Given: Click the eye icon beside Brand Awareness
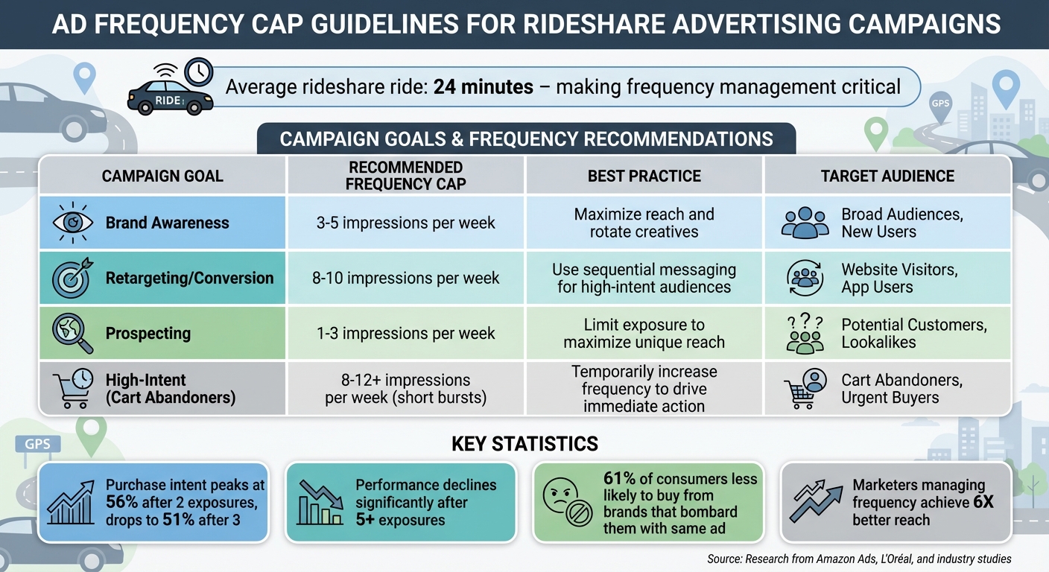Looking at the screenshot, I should tap(72, 223).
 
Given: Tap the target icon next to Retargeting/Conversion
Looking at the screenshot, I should tap(72, 278).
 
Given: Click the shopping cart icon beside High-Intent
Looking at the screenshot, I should tap(72, 389).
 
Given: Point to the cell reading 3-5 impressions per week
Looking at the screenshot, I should tap(406, 223).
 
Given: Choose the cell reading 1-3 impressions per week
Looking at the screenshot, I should tap(406, 334).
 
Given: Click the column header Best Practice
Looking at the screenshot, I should tap(644, 176).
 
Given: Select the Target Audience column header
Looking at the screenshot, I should tap(887, 176).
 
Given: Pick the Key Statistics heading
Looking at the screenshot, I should tap(524, 445).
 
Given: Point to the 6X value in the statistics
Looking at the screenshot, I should tap(983, 502).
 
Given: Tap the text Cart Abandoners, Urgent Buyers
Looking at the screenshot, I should tap(901, 389).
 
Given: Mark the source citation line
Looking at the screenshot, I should tap(859, 559).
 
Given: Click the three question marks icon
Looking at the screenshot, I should tap(805, 323).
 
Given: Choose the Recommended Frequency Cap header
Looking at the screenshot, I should tap(406, 176).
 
